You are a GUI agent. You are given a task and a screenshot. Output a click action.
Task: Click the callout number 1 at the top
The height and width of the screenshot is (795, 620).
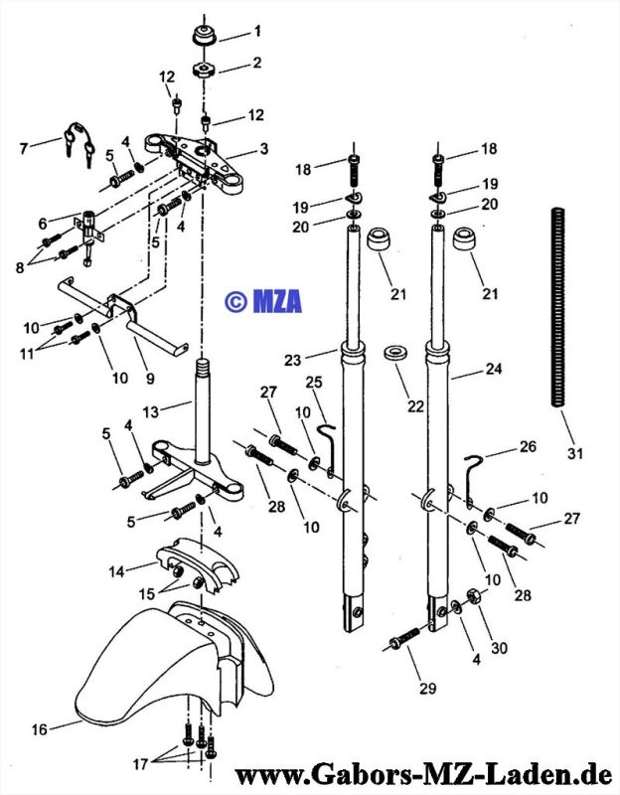[x=257, y=32]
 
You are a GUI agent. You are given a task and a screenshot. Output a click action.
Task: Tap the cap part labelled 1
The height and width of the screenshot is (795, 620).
[x=205, y=36]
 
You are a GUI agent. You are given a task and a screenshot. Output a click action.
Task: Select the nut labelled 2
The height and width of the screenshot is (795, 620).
[x=205, y=70]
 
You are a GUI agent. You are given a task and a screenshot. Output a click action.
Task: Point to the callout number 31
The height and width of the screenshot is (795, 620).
[x=575, y=453]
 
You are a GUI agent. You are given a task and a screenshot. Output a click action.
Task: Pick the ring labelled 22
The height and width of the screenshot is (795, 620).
[x=395, y=354]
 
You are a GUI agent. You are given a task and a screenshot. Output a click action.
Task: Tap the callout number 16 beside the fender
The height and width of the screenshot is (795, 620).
[x=39, y=729]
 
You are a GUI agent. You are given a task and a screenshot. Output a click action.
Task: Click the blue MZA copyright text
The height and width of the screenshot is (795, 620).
[x=263, y=301]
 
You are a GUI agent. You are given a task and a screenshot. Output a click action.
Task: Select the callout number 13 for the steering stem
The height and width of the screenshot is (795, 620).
[x=151, y=412]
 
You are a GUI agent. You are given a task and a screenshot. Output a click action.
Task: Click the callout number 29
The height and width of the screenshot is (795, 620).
[x=428, y=688]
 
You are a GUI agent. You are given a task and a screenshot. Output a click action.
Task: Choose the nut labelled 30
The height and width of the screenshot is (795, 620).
[x=473, y=595]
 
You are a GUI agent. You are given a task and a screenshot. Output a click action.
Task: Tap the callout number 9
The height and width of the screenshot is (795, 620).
[x=150, y=379]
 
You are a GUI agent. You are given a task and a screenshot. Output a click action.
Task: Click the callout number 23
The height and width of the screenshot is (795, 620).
[x=292, y=360]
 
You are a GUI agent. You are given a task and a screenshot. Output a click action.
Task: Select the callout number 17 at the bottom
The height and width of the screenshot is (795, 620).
[x=140, y=764]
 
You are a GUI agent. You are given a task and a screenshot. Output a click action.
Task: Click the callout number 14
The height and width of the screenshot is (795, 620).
[x=116, y=571]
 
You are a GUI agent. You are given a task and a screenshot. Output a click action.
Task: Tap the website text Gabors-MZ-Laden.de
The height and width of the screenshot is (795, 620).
[x=423, y=775]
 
